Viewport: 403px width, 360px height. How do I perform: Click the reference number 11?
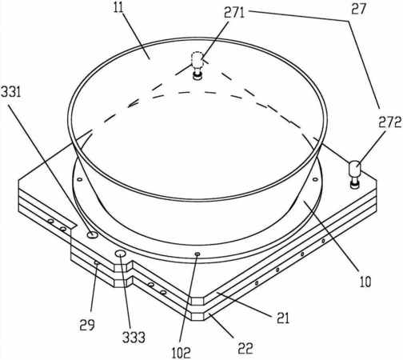tap(119, 8)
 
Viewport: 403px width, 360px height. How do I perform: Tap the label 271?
tap(234, 13)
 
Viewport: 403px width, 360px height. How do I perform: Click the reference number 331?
tap(11, 92)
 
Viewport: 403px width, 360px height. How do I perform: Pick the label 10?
tap(365, 281)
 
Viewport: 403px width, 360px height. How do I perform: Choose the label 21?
tap(283, 318)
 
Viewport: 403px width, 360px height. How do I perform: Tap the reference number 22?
tap(245, 348)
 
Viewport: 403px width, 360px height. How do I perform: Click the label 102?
tap(181, 353)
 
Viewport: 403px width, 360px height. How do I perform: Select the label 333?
tap(134, 338)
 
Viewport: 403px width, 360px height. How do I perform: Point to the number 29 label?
tap(87, 325)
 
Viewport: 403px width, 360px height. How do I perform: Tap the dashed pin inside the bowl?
tap(198, 66)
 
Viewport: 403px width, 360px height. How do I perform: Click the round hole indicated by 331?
tap(93, 234)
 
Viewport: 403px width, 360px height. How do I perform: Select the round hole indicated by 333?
tap(121, 254)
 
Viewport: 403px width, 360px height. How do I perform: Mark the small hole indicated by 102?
tap(198, 254)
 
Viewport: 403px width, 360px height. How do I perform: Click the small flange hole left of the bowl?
tap(79, 179)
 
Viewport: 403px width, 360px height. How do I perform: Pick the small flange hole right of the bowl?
tap(315, 179)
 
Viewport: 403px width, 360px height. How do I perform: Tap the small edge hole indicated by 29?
tap(97, 263)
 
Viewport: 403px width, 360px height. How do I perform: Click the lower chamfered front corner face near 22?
tap(198, 317)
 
